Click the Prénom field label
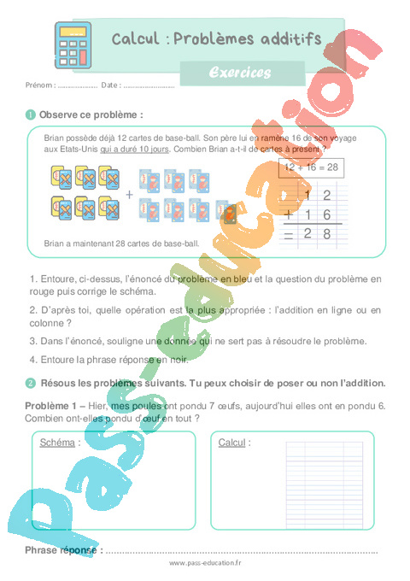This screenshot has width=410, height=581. [40, 85]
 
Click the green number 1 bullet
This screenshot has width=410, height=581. [31, 114]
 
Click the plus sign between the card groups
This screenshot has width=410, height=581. [130, 194]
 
